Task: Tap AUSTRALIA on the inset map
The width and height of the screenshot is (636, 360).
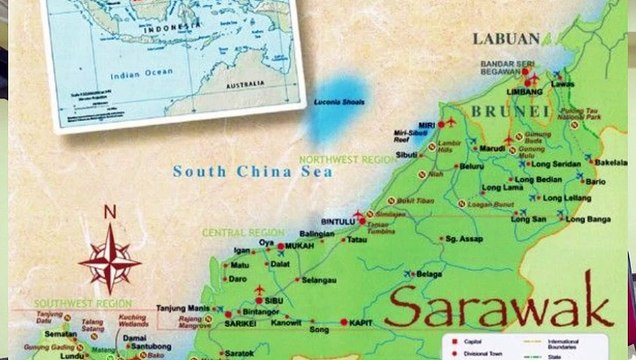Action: pos(242,84)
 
